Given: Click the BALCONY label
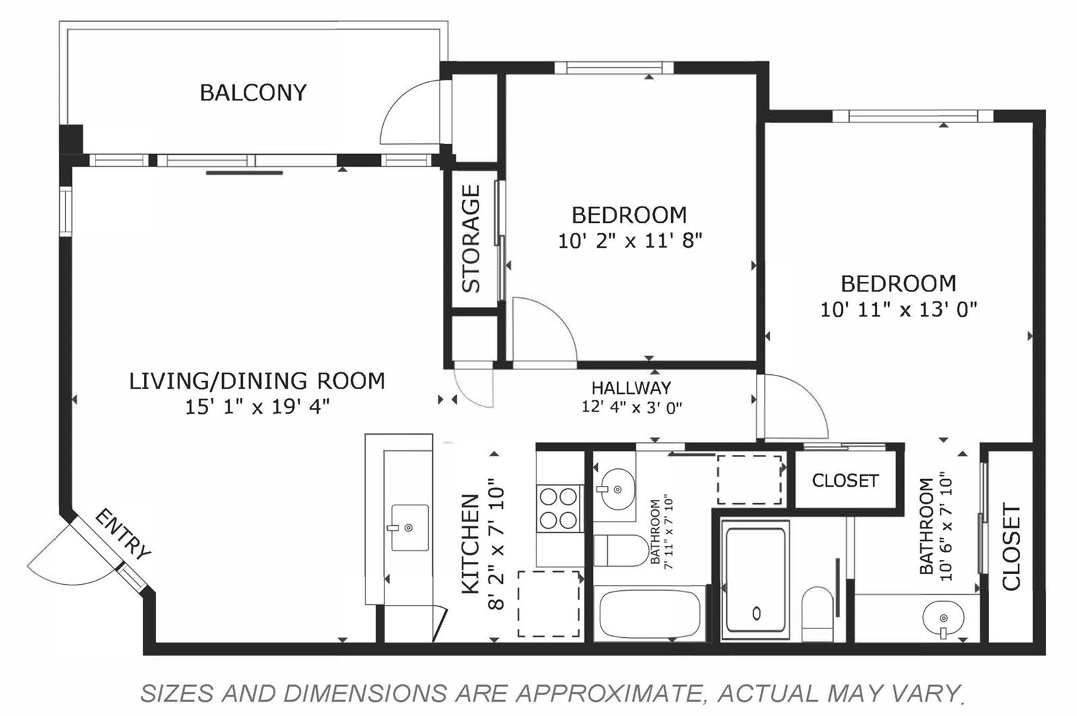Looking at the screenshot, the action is pos(253,93).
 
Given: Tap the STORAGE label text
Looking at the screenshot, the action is pos(471,239).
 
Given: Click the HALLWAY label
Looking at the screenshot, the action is pos(631,388).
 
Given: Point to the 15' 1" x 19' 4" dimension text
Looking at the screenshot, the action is pos(257,408).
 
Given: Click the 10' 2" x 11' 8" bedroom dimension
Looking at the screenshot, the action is pos(630,240).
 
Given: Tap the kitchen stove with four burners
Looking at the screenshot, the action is pos(559,508).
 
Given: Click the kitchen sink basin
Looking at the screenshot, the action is pos(410,527).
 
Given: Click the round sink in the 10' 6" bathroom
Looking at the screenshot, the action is pos(943,618).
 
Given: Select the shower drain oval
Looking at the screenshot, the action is pos(757,613).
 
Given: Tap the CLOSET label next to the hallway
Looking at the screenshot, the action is pos(845,480).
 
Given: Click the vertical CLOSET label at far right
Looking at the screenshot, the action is pos(1011,546).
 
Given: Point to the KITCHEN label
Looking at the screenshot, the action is pos(471,544).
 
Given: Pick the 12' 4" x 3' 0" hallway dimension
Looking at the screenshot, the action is pos(632,408).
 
